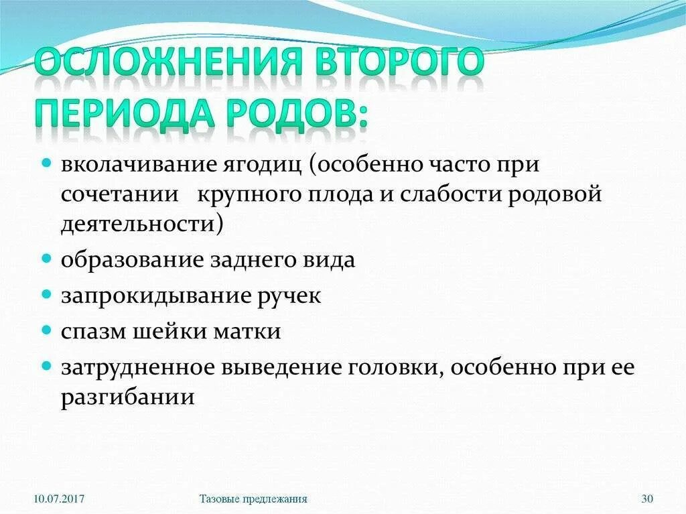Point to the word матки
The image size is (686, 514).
coord(251,332)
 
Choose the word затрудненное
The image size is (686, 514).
coord(142,368)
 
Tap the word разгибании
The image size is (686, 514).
coord(128,397)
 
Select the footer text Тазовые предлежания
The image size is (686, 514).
coord(253,499)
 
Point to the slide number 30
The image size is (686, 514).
coord(647,499)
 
